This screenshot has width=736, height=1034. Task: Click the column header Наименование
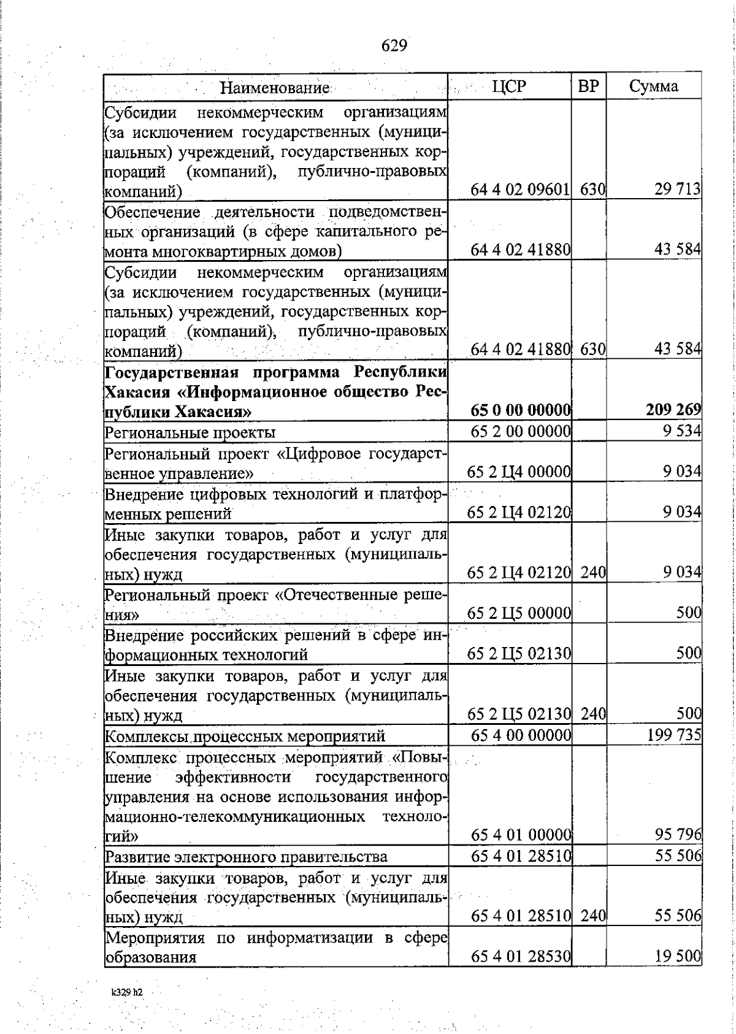[275, 87]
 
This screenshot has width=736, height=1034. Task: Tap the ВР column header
[588, 86]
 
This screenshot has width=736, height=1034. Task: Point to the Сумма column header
[653, 86]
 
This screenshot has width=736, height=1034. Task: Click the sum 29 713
[677, 190]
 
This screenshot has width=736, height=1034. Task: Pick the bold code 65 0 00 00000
[521, 410]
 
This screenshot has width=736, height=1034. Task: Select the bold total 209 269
[673, 410]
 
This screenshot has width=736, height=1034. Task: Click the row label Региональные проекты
[190, 432]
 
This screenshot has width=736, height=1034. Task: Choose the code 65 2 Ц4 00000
[519, 472]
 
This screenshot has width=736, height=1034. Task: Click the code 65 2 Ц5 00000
[519, 613]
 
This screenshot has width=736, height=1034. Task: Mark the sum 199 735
[674, 735]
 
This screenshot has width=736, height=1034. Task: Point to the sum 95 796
[678, 835]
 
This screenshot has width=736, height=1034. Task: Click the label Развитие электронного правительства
[247, 857]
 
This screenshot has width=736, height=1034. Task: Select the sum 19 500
[678, 956]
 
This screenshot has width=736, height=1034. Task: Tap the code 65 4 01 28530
[521, 956]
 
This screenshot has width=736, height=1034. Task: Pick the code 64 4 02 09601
[521, 190]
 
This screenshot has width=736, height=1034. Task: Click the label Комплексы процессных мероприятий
[245, 736]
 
